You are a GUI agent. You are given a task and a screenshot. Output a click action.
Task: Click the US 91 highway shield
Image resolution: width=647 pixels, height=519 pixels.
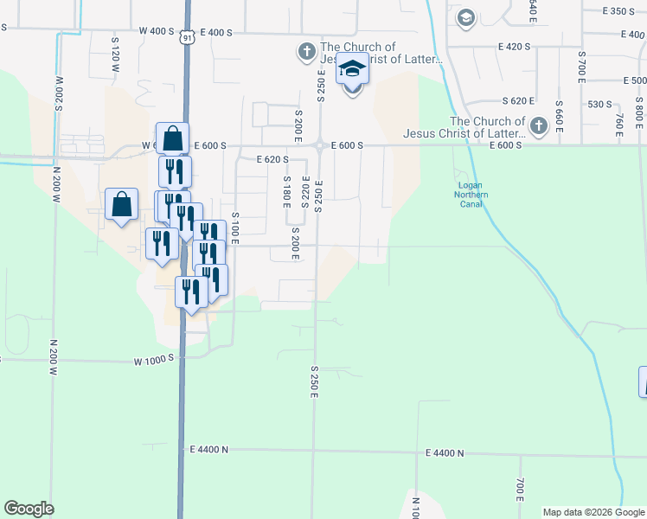(187, 37)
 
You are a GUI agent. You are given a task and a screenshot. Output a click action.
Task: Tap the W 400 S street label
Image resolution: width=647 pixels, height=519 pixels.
(157, 31)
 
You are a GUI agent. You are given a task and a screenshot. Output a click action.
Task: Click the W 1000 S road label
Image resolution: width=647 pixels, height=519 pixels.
(154, 358)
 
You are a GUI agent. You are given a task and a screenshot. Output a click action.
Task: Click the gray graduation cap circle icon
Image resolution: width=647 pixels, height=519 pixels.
(466, 17)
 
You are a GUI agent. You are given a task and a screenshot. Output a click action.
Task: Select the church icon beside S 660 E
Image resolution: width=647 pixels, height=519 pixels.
(538, 126)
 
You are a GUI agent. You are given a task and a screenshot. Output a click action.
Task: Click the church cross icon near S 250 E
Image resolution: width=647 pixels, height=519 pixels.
(306, 53)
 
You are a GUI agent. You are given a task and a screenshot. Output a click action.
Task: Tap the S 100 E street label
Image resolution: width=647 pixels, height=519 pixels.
(235, 225)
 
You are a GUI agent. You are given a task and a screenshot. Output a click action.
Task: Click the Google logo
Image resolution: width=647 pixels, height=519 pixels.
(29, 509)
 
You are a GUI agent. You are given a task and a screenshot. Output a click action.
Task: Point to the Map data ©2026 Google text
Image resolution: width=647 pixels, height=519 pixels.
(593, 512)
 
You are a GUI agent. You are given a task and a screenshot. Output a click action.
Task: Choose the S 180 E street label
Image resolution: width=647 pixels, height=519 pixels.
(286, 192)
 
